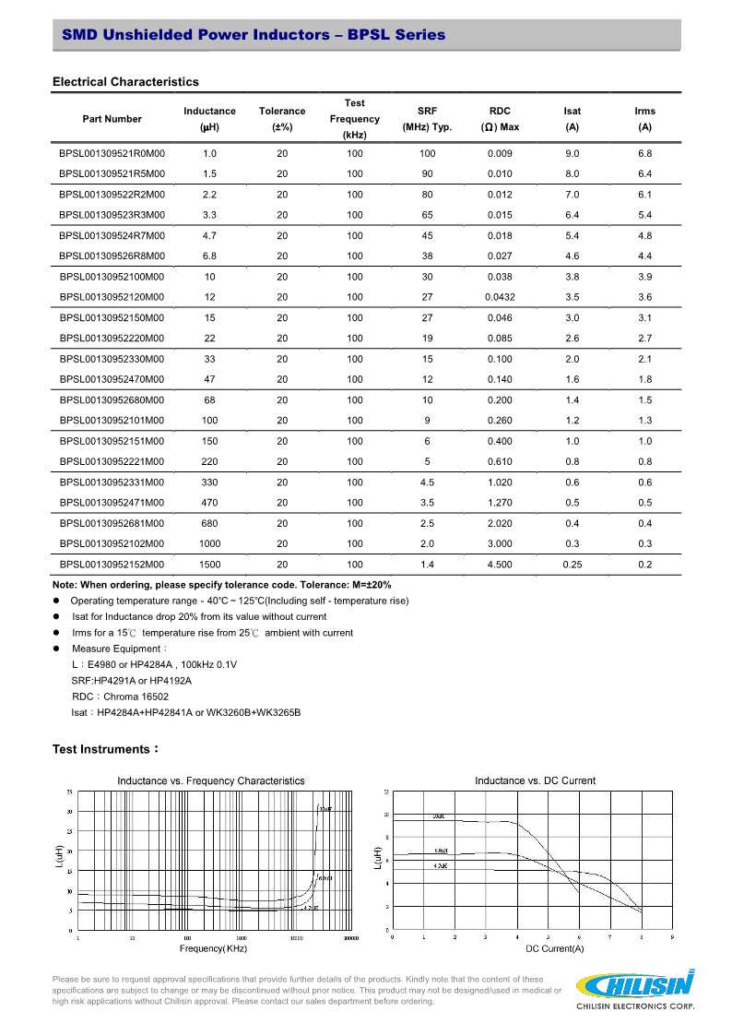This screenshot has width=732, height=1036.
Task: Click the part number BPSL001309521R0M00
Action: [112, 153]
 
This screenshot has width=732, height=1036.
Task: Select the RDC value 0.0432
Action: [500, 297]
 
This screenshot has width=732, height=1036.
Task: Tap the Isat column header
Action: [573, 119]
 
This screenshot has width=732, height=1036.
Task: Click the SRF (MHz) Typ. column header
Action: [427, 119]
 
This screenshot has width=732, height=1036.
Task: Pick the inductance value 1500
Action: [209, 564]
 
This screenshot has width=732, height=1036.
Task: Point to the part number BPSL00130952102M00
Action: [112, 543]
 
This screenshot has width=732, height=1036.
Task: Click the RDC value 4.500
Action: [500, 564]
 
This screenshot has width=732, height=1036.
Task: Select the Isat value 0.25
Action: [573, 564]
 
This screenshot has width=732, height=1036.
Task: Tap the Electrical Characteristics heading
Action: [125, 82]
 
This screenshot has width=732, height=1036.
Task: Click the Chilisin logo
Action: [634, 989]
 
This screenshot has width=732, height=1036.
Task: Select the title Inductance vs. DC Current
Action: [535, 780]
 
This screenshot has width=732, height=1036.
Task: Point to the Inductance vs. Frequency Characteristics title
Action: [210, 780]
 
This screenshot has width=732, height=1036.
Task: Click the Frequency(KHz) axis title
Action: [213, 948]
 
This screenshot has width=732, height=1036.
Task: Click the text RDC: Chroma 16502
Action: [120, 697]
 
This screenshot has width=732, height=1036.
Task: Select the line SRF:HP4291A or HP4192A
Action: [131, 680]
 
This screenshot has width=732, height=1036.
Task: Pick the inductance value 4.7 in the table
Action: [209, 235]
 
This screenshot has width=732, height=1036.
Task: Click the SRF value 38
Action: [427, 256]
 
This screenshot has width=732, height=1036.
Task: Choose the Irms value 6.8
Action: [644, 153]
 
